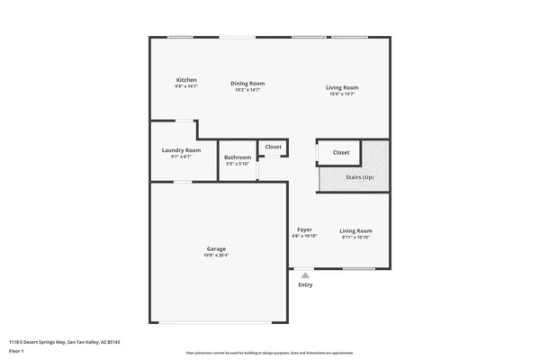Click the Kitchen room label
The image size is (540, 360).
click(x=186, y=80)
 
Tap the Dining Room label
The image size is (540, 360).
click(x=247, y=84)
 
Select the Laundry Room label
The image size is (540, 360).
click(x=181, y=150)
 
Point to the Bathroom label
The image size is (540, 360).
click(x=238, y=157)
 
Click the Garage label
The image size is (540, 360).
click(x=216, y=248)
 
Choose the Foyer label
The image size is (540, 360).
click(x=305, y=229)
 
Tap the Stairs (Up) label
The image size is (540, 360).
click(x=360, y=176)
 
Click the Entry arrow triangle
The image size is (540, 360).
click(x=305, y=275)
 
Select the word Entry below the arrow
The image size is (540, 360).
click(x=306, y=285)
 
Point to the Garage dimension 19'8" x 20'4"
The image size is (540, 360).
click(x=216, y=255)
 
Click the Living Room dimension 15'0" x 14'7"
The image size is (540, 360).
click(x=342, y=93)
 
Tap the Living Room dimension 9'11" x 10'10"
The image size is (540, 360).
click(x=356, y=237)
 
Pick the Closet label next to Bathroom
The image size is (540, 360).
click(x=273, y=147)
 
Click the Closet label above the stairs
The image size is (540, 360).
click(x=341, y=153)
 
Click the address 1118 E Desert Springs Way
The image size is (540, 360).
click(x=64, y=342)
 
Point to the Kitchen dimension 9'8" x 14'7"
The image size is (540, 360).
click(x=186, y=86)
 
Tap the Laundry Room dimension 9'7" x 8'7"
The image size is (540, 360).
click(x=181, y=157)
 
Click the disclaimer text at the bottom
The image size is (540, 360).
click(x=269, y=353)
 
